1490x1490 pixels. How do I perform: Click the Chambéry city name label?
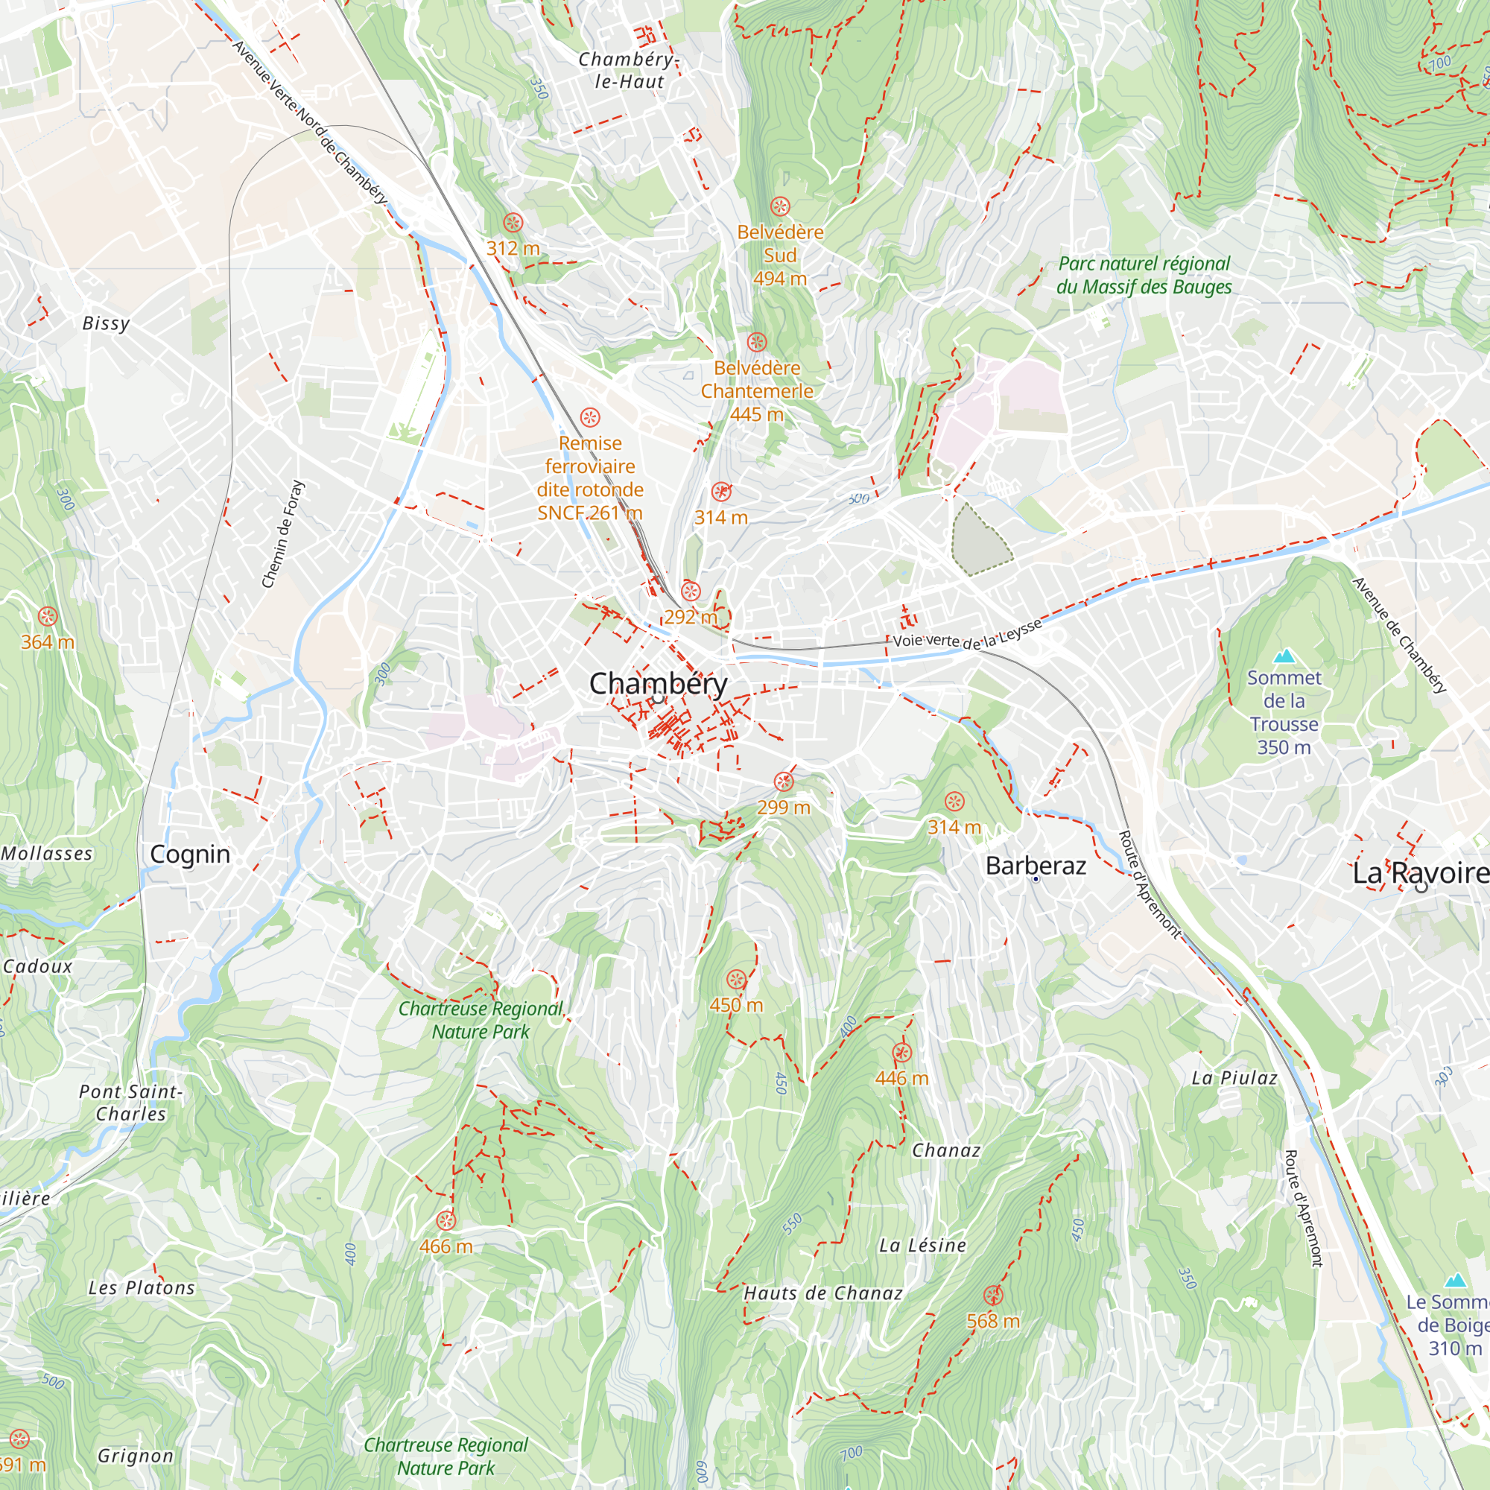point(658,683)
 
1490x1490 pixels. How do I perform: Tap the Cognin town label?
point(190,855)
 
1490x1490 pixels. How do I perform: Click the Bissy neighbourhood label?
point(107,323)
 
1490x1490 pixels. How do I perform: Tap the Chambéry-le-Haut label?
point(629,70)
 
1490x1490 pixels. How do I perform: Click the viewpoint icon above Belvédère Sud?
point(780,206)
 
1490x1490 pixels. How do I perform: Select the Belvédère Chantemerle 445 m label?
point(757,391)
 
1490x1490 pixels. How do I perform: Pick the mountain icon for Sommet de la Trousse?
point(1284,656)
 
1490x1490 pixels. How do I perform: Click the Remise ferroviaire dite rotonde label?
point(590,478)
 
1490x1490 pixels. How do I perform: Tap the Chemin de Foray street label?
point(283,534)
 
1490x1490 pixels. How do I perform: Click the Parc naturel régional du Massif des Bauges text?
point(1144,275)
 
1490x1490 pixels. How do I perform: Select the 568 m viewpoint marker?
point(993,1295)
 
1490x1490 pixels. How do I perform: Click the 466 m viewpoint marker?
point(446,1220)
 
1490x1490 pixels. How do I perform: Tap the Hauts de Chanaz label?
point(822,1293)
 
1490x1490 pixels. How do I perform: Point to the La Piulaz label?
point(1234,1078)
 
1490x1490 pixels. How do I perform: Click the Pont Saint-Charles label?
point(131,1102)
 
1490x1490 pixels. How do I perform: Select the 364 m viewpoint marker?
point(48,616)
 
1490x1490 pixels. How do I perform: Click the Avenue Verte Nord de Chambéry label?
point(310,122)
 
